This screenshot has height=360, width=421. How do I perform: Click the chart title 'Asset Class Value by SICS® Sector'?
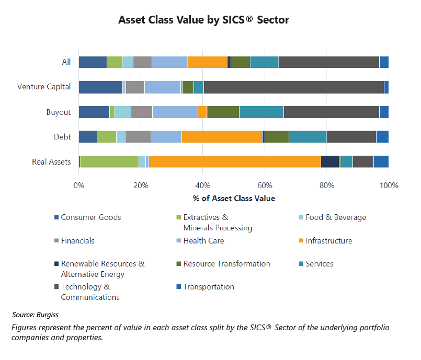[203, 20]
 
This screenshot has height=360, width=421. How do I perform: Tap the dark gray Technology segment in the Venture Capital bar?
[293, 87]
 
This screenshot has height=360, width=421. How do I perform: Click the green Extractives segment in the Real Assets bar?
[109, 162]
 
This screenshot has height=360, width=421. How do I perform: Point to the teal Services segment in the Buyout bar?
[261, 112]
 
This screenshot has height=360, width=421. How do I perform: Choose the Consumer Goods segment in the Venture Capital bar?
[100, 87]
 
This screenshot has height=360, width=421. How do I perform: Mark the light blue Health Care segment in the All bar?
[169, 62]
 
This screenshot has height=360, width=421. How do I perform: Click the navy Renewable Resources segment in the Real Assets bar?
[329, 162]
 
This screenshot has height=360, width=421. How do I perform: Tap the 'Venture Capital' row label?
[44, 87]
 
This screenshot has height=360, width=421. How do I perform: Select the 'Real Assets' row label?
[51, 162]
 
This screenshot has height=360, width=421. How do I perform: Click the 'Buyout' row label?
[58, 112]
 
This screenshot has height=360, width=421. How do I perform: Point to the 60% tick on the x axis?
[265, 185]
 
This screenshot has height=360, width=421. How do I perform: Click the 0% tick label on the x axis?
[78, 185]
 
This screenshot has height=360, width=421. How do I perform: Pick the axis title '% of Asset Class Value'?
[233, 198]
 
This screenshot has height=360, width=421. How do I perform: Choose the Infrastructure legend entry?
[328, 241]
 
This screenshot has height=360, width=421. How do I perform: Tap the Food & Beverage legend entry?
[336, 217]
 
